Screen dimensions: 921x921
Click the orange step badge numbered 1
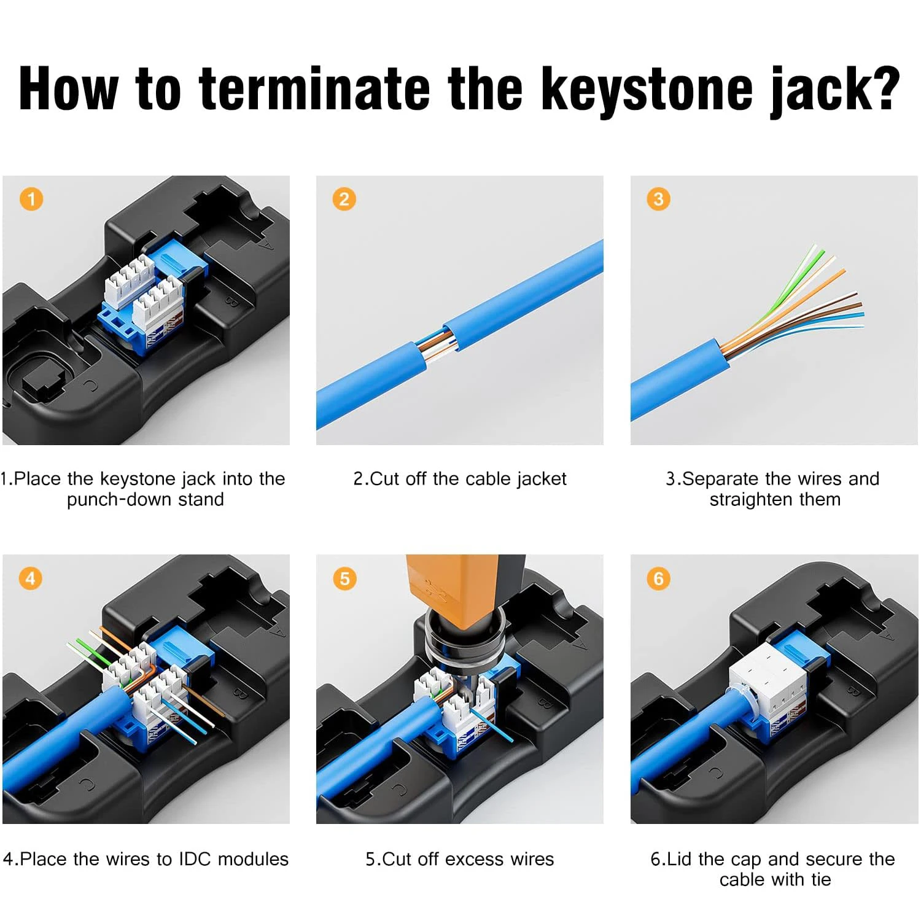pos(31,199)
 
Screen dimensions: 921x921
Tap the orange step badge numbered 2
pos(344,199)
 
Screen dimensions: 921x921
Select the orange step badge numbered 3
pos(658,199)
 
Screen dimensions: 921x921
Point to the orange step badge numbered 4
pos(31,578)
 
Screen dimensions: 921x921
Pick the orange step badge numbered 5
pos(344,578)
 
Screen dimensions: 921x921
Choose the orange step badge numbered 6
pos(658,578)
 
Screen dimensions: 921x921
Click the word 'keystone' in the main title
pos(647,90)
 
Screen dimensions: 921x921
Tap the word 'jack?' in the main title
pos(835,90)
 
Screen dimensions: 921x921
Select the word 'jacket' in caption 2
pos(541,479)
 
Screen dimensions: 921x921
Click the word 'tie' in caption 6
pos(821,879)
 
